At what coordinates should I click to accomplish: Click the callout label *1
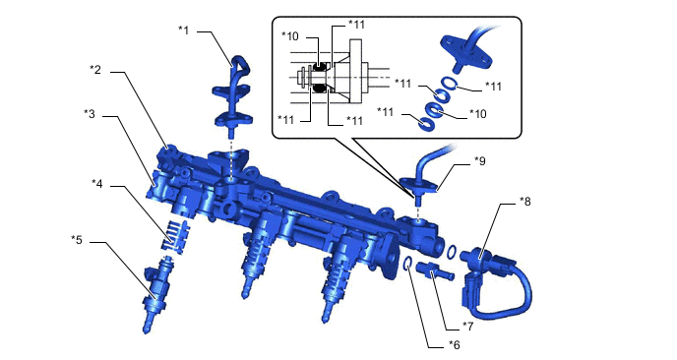click(183, 30)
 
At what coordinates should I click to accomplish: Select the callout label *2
click(95, 69)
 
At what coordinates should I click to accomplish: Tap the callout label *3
click(90, 114)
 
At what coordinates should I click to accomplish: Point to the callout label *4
click(97, 184)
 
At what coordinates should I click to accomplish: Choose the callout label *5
click(77, 240)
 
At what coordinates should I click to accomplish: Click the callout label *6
click(454, 344)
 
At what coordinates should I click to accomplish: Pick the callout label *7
click(467, 327)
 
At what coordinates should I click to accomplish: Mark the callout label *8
click(524, 202)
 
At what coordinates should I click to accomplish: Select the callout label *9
click(479, 161)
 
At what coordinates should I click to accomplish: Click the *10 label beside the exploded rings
click(477, 113)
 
